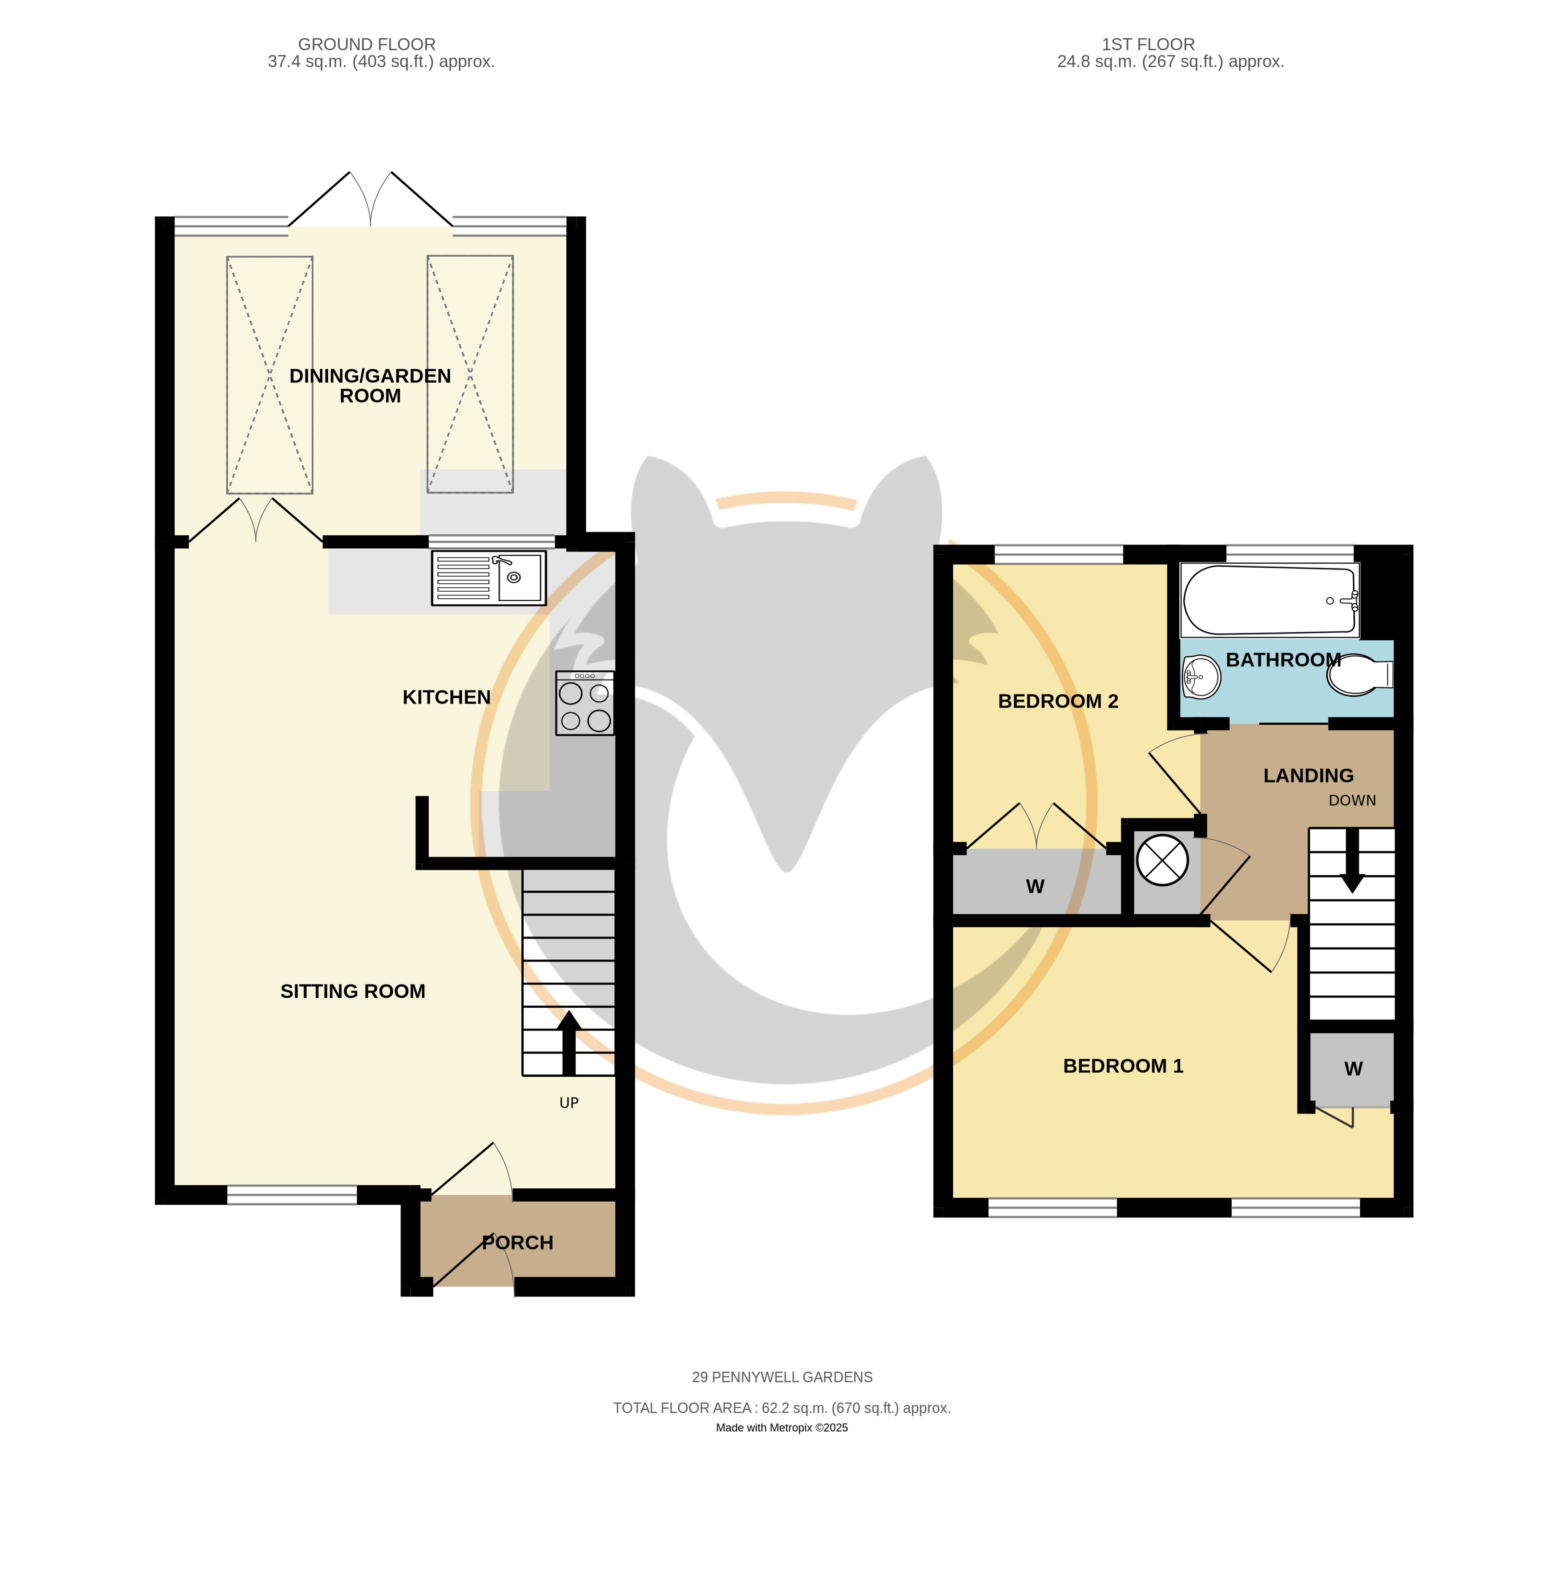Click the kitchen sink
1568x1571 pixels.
488,578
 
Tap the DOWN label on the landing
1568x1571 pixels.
1352,801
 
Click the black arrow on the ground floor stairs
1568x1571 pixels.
569,1043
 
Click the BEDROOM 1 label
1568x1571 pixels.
1123,1066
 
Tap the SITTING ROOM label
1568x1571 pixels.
353,991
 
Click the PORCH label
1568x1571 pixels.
518,1243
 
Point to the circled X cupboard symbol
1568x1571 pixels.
1162,860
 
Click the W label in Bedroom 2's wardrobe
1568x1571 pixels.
1035,886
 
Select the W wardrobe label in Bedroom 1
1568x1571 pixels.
1354,1069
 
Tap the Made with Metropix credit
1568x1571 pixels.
782,1428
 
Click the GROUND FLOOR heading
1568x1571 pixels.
367,45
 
